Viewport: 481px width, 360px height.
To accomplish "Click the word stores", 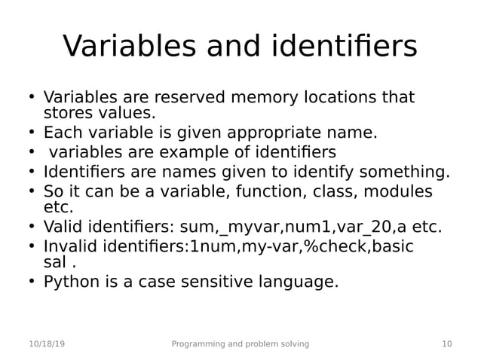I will (64, 114).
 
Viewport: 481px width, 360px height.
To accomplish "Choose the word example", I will (205, 153).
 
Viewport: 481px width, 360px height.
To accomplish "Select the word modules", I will (403, 191).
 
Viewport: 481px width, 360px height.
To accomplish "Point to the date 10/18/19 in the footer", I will (46, 344).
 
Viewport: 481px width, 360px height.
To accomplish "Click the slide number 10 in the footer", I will (447, 344).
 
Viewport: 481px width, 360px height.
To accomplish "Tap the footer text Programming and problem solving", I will (240, 344).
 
